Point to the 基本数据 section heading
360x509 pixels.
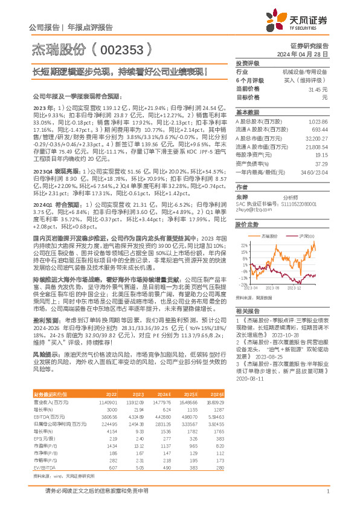coord(247,112)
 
